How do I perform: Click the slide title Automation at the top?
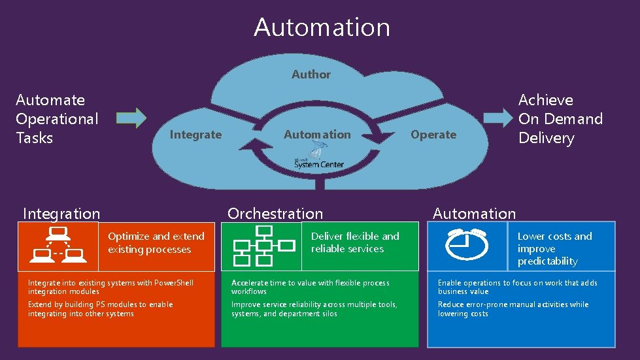(x=322, y=27)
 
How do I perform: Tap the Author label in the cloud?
(x=311, y=74)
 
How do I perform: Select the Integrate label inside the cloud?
(x=195, y=135)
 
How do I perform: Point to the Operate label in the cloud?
(x=433, y=135)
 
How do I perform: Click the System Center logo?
(x=318, y=159)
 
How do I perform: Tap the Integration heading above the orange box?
(x=61, y=214)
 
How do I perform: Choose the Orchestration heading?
(x=275, y=214)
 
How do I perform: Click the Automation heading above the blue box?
(x=474, y=214)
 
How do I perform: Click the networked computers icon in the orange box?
(x=58, y=246)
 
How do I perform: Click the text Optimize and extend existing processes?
(x=156, y=243)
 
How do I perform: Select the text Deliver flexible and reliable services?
(x=355, y=242)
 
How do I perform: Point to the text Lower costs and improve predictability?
(x=554, y=248)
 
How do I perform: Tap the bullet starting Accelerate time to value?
(x=310, y=287)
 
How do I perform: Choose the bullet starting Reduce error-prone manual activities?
(x=513, y=309)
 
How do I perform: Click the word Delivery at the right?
(x=547, y=138)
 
